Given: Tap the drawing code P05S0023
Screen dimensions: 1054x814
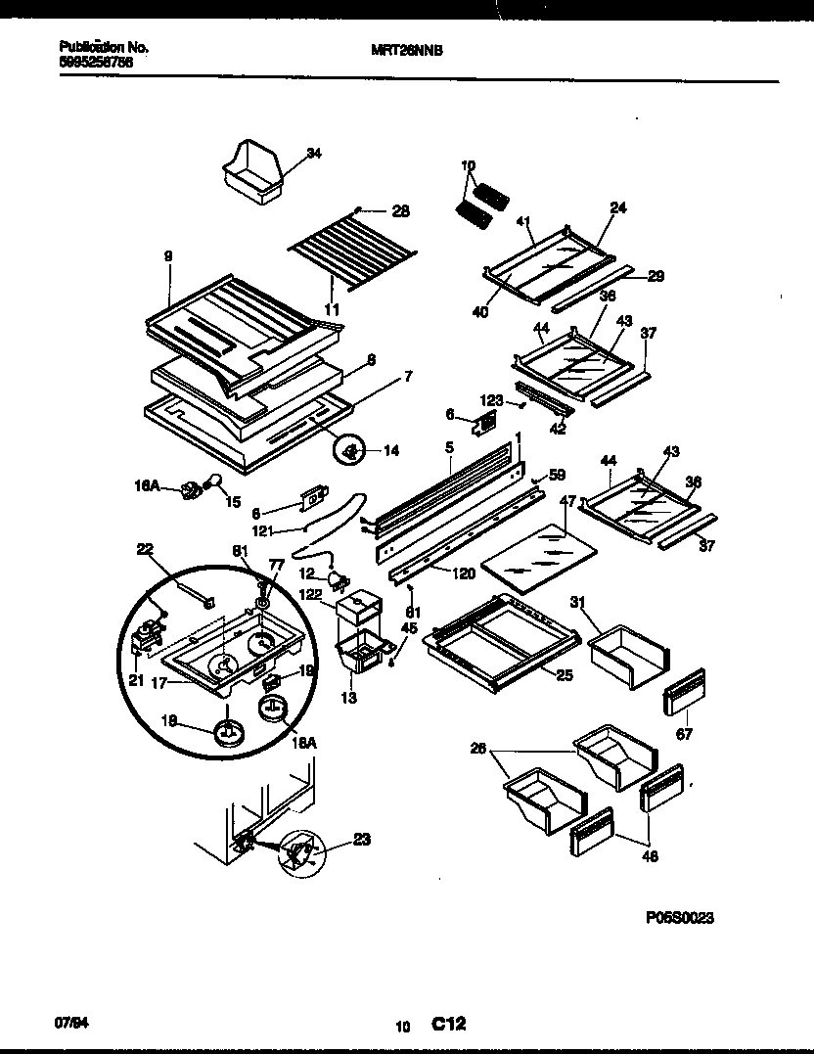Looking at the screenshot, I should [680, 918].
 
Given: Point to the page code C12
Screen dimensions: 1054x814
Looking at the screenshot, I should [448, 1025].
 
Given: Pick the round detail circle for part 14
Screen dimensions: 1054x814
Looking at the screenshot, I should [350, 450].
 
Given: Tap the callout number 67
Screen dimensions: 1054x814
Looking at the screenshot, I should [684, 733].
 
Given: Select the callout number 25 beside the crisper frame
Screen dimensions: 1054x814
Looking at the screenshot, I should [564, 675].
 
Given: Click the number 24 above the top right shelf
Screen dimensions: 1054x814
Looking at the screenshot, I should [618, 208].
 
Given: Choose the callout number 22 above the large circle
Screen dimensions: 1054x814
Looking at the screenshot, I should [146, 549].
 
